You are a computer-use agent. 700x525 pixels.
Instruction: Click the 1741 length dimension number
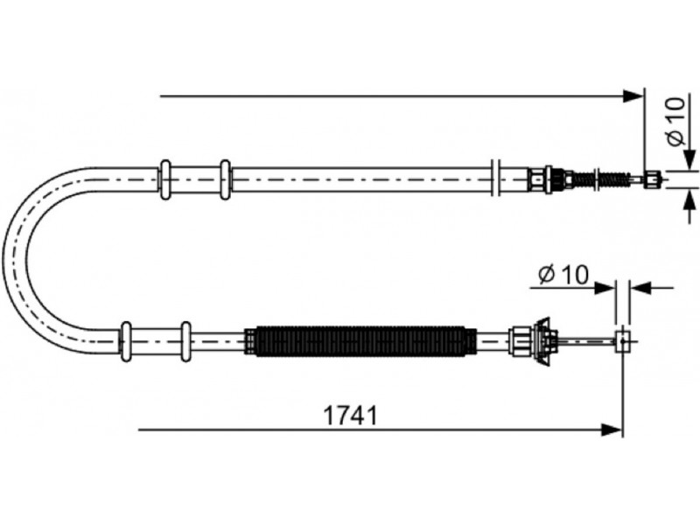(350, 416)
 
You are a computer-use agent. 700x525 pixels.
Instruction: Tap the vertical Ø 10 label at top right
(676, 122)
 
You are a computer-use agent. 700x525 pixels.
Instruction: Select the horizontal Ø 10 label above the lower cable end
(563, 275)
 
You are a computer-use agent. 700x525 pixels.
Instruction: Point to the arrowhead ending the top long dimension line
(633, 96)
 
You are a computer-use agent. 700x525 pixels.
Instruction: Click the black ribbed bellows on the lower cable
(361, 342)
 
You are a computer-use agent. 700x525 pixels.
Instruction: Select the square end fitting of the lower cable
(623, 341)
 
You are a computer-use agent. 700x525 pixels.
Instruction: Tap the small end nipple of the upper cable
(652, 179)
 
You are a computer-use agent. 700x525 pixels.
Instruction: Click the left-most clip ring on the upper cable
(165, 179)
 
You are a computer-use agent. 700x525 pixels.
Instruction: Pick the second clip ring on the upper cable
(226, 179)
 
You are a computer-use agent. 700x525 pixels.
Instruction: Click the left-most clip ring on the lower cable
(127, 341)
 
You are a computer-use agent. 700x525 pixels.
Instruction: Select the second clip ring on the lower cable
(185, 341)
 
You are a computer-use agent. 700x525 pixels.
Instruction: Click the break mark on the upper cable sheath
(495, 178)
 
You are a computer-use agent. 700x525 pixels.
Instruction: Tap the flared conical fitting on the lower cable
(545, 341)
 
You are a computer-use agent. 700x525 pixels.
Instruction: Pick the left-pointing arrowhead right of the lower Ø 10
(640, 288)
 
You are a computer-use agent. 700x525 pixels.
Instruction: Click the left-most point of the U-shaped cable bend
(3, 260)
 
